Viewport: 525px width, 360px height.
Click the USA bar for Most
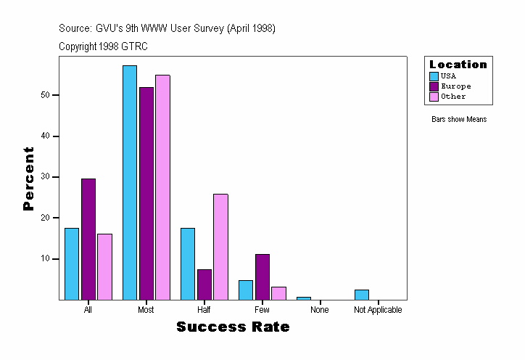click(130, 183)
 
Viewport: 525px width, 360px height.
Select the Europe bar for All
click(88, 240)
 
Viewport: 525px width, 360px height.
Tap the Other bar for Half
click(220, 247)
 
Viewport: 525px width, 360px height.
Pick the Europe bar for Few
click(262, 277)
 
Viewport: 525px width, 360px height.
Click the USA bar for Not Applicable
click(362, 295)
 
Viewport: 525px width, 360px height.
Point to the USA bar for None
click(304, 298)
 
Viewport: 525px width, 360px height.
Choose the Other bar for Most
click(162, 187)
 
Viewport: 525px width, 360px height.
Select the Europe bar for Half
click(204, 285)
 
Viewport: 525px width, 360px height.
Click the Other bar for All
click(104, 266)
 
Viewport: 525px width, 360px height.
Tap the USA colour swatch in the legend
click(434, 76)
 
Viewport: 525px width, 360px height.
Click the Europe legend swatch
click(434, 86)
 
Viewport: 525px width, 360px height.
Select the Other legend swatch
click(434, 97)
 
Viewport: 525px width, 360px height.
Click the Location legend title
click(458, 65)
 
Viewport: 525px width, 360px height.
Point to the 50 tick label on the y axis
click(45, 95)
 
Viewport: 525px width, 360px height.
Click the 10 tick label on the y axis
click(45, 259)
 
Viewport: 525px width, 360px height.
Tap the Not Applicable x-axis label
click(378, 310)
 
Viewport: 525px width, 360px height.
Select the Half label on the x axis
click(204, 310)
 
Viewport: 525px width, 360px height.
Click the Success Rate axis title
click(233, 327)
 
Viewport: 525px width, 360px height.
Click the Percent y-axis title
click(29, 179)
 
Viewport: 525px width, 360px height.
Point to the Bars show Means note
click(459, 120)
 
